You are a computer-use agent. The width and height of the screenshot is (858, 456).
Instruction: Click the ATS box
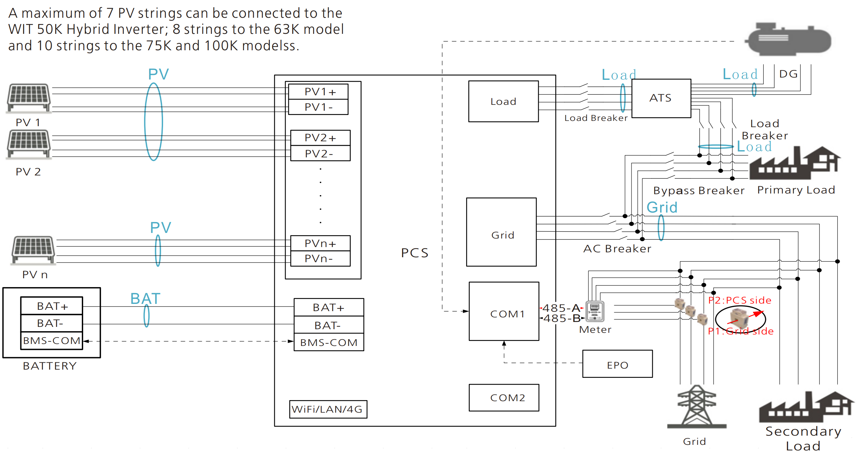click(661, 98)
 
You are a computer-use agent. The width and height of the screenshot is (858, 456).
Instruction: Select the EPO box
click(617, 364)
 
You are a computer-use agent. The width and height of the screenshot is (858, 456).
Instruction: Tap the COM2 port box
click(504, 398)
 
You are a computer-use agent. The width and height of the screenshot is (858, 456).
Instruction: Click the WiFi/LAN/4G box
click(328, 409)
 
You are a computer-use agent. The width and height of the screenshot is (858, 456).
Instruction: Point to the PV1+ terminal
click(318, 92)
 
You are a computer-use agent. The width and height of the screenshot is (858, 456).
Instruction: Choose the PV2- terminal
click(320, 153)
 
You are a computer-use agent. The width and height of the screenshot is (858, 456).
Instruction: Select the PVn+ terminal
click(320, 243)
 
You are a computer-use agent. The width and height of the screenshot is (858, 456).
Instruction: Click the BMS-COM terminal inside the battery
click(52, 340)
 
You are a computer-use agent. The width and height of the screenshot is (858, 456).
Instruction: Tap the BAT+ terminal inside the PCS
click(328, 307)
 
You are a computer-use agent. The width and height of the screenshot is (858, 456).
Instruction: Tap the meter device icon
click(595, 311)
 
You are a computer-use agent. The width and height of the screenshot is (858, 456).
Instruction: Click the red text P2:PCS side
click(739, 300)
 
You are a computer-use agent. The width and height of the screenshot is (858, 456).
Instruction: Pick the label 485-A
click(561, 308)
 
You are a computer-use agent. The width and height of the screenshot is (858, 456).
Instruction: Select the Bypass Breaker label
click(699, 191)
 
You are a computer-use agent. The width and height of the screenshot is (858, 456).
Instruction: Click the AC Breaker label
click(617, 249)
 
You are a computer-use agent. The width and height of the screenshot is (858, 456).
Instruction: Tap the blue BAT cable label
click(145, 299)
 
